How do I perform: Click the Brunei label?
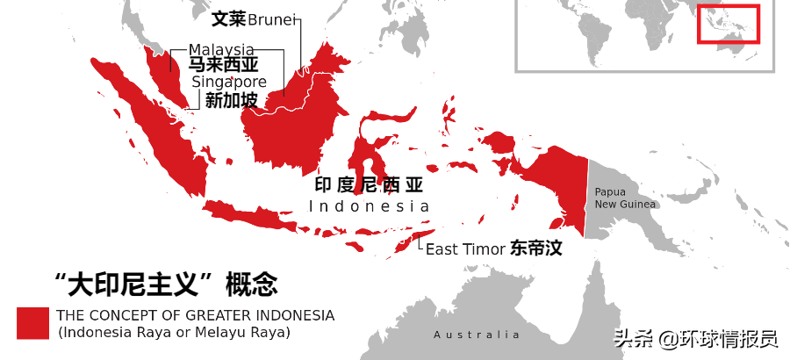[272, 19]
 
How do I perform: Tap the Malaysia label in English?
[221, 49]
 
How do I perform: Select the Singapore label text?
[229, 82]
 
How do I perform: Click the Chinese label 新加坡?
[231, 100]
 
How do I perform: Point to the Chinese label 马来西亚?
[223, 65]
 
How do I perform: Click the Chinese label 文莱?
[228, 18]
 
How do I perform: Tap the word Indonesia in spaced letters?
[370, 206]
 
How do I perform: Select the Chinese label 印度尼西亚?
[369, 185]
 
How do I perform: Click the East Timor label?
[465, 249]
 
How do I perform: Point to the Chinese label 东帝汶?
[535, 248]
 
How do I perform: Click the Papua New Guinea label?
[625, 198]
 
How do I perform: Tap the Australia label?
[477, 335]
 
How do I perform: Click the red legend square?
[32, 322]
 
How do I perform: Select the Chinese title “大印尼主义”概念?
[166, 284]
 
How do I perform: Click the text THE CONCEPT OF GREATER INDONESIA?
[195, 315]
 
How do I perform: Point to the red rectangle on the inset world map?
[728, 25]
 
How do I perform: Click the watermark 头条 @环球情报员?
[695, 338]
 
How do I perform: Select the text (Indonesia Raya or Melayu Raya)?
[174, 333]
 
